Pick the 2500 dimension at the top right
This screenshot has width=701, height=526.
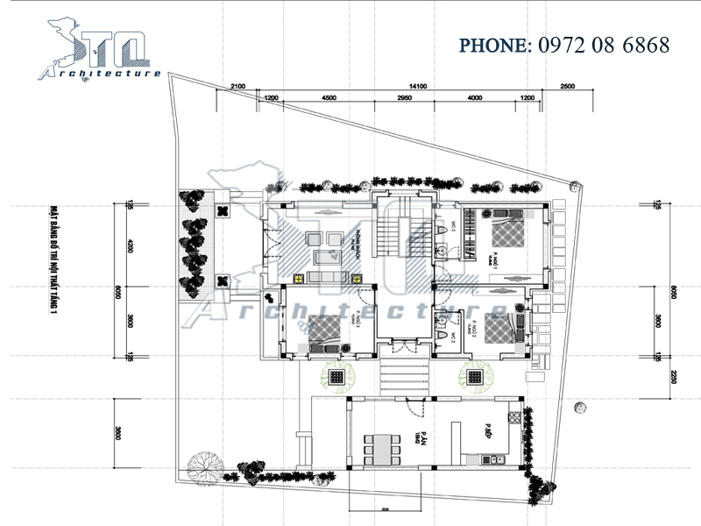566,86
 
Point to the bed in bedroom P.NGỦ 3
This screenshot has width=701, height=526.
324,329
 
